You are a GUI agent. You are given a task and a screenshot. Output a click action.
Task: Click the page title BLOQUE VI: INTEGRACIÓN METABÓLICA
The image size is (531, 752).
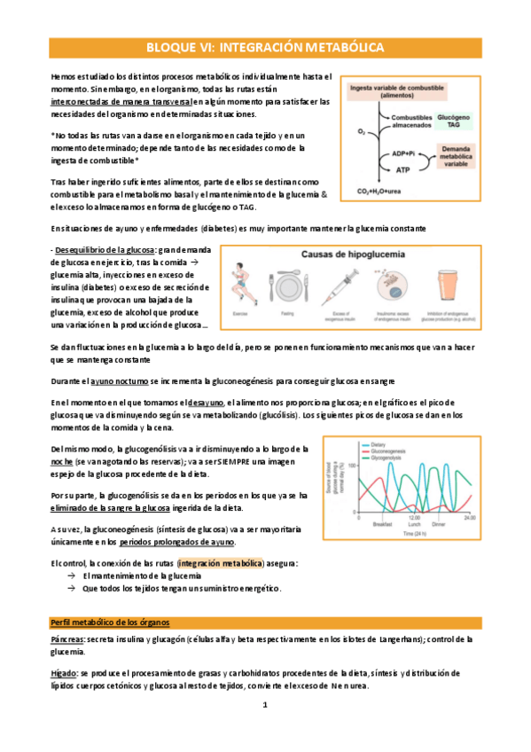point(265,45)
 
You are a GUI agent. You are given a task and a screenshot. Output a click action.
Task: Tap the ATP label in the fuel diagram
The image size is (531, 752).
point(402,170)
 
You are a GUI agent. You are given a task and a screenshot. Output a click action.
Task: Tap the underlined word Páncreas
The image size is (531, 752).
point(68,638)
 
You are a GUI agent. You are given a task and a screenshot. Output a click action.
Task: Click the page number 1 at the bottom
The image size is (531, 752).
point(264,705)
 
